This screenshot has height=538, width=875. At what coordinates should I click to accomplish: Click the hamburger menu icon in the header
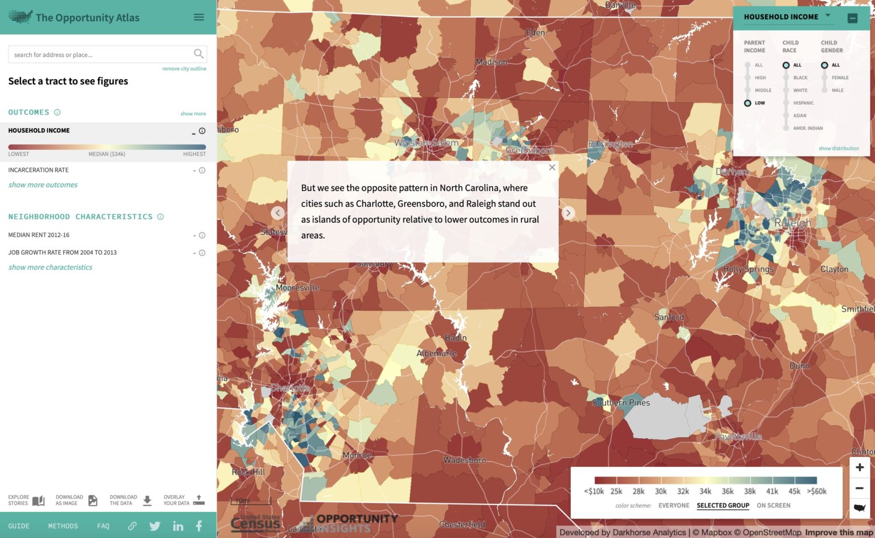point(199,17)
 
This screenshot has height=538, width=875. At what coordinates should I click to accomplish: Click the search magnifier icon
point(198,54)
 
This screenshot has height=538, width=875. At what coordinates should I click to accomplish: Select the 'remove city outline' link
point(184,69)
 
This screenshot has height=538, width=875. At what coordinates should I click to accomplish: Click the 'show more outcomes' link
point(43,185)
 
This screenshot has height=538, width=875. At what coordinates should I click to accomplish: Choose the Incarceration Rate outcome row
point(38,170)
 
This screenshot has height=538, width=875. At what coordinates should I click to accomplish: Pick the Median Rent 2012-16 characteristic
point(39,235)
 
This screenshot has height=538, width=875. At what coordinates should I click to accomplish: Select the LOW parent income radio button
point(747,103)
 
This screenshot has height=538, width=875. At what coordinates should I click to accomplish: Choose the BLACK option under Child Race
point(786,78)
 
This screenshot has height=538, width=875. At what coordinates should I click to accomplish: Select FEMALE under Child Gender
point(824,78)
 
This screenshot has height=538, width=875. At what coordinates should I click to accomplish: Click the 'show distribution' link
point(839,149)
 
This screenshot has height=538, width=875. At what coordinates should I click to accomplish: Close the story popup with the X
point(551,168)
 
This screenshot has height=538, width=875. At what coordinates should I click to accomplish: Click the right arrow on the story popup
point(568,213)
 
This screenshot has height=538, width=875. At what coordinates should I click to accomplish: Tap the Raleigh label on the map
point(792,223)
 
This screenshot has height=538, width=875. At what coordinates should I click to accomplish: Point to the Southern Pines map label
point(621,402)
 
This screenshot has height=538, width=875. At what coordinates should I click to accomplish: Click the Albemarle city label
point(436,353)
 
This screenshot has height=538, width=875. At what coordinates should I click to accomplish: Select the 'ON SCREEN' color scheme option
point(773,506)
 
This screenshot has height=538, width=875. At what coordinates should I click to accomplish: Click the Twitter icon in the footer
point(155,526)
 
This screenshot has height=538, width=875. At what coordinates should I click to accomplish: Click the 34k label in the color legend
point(705,491)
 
